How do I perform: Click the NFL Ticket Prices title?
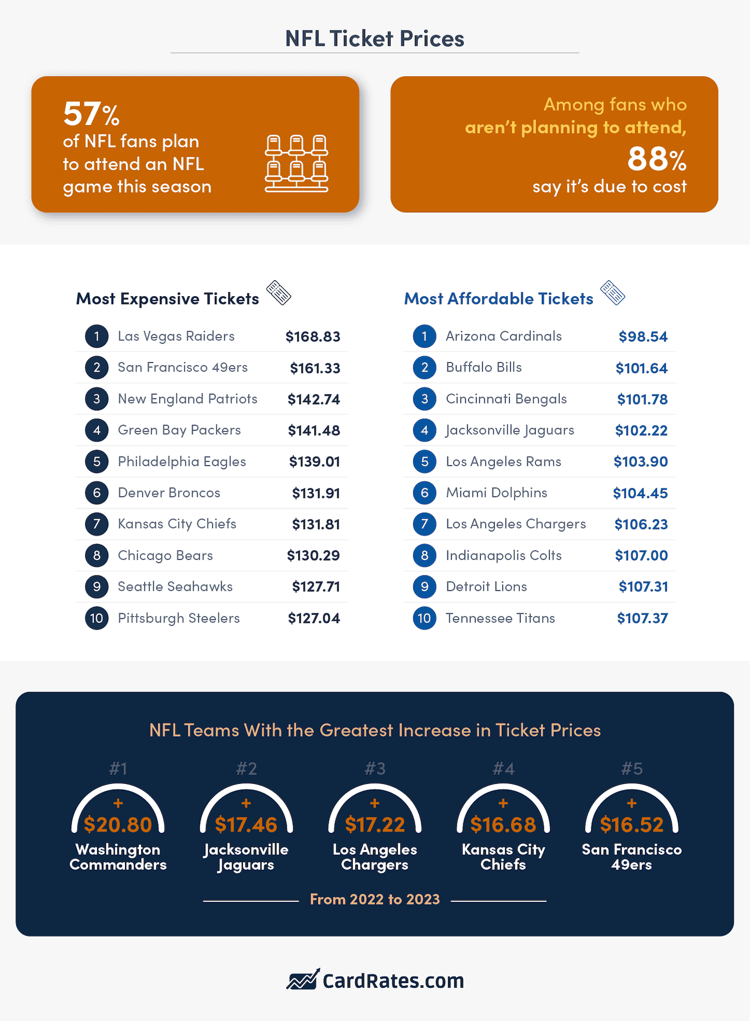(x=374, y=39)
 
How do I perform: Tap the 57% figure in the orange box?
(x=91, y=114)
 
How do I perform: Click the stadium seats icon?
(x=297, y=163)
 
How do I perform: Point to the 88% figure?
(x=656, y=159)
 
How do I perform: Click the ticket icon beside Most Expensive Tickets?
(x=279, y=293)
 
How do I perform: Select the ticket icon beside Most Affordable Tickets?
(x=613, y=293)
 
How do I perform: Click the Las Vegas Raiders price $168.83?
(x=313, y=337)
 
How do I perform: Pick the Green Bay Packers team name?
(x=179, y=430)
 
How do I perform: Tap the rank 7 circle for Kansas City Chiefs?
(x=96, y=524)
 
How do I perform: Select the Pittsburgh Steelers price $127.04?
(x=314, y=618)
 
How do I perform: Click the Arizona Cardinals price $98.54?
(x=643, y=337)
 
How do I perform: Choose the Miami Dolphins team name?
(x=496, y=493)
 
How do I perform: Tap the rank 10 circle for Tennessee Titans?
(x=424, y=618)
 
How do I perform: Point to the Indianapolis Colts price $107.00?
(x=641, y=556)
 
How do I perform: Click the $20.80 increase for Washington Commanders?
(x=118, y=825)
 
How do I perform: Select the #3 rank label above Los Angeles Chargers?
(x=374, y=769)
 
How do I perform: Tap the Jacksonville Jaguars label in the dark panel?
(x=246, y=857)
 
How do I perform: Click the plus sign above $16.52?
(x=631, y=804)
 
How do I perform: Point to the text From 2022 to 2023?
(x=374, y=899)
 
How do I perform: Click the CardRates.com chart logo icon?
(x=303, y=979)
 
